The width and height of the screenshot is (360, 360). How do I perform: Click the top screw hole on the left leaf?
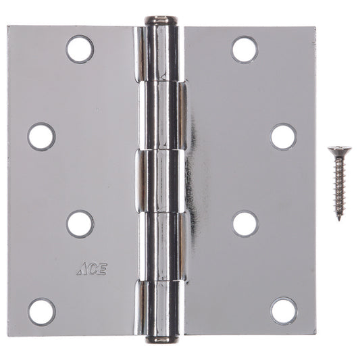tap(80, 49)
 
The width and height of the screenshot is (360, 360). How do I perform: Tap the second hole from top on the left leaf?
tap(41, 136)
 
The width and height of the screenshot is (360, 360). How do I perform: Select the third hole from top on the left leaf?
tap(80, 224)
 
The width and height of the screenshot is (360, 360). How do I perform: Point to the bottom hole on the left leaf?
tap(41, 311)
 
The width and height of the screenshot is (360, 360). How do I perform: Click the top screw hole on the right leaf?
tap(245, 49)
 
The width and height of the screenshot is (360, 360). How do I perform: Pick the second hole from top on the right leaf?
tap(284, 136)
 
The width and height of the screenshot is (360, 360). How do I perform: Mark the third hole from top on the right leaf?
tap(245, 224)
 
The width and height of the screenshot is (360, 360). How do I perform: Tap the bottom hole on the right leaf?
tap(284, 311)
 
